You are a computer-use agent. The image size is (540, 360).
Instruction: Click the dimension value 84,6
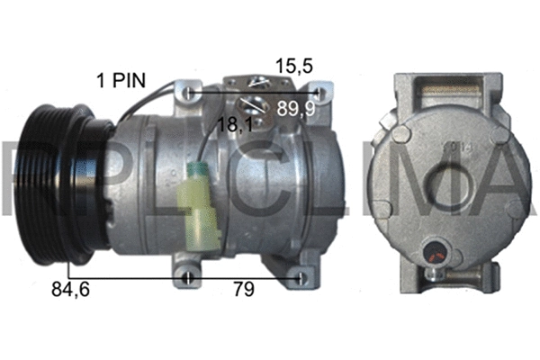point(71,290)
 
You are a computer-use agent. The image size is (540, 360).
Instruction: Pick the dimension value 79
point(243,290)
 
